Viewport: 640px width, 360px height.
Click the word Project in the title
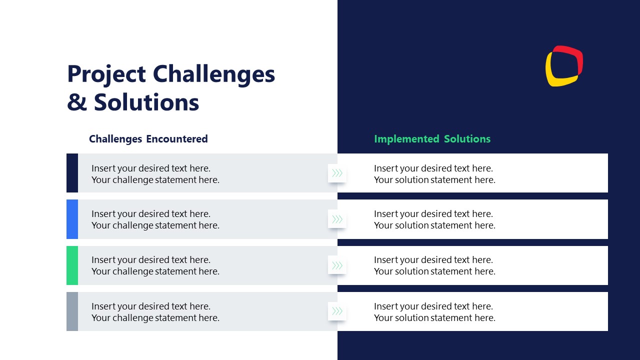106,74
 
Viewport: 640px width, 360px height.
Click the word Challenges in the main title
213,73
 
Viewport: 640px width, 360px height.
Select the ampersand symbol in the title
76,102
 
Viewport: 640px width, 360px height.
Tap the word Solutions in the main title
146,102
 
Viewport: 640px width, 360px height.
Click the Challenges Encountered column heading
148,139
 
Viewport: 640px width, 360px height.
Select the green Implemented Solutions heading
432,139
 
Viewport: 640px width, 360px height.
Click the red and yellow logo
564,66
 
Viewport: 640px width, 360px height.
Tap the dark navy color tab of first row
72,173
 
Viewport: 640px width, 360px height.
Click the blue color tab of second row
72,219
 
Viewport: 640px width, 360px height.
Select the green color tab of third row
72,265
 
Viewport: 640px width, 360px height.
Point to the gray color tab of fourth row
72,311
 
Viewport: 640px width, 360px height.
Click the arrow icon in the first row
337,173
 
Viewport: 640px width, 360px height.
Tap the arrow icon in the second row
337,219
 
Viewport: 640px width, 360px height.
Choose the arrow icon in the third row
337,265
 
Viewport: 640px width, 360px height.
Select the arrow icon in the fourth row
337,311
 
